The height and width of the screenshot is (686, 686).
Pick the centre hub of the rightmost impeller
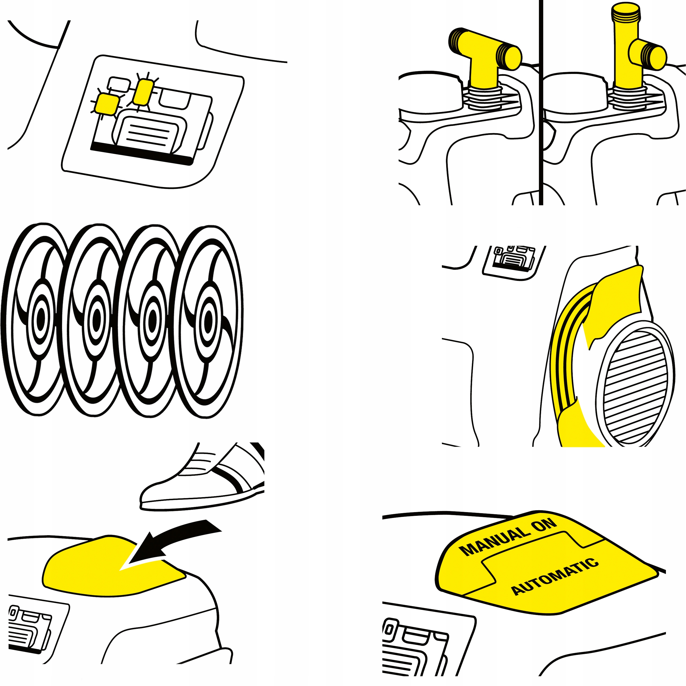coord(208,320)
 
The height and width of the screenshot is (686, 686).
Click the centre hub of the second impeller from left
coord(96,319)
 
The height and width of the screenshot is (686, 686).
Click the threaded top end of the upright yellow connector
coord(626,12)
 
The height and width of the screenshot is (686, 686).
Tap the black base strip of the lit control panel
coord(142,154)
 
